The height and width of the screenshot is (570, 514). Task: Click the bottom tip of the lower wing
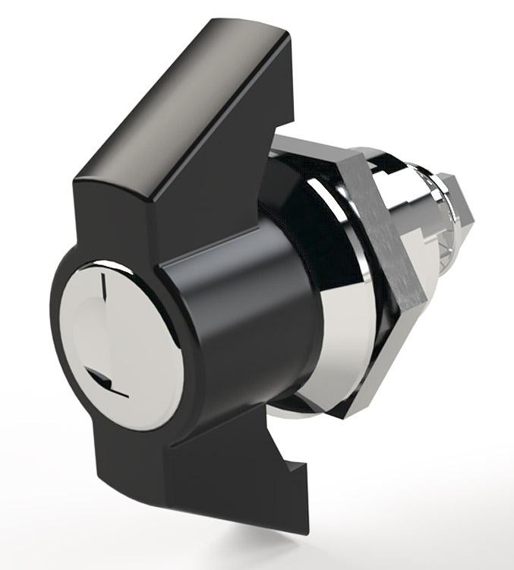pos(304,529)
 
